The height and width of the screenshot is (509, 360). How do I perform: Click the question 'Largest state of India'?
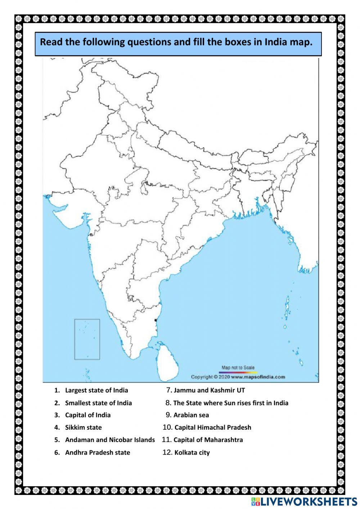click(x=96, y=390)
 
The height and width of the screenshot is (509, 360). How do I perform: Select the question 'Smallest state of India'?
click(x=98, y=403)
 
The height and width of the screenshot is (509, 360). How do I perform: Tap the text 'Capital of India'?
click(x=87, y=415)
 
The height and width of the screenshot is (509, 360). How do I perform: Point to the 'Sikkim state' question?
click(x=83, y=428)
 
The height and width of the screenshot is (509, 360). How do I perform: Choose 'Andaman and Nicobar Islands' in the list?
click(x=110, y=440)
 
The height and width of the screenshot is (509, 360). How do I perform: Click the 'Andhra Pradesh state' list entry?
click(x=97, y=452)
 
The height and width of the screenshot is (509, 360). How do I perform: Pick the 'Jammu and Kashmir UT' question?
click(x=209, y=390)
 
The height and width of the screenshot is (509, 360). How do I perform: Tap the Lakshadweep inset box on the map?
click(x=87, y=339)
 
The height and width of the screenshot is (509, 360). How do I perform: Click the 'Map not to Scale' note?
click(x=238, y=367)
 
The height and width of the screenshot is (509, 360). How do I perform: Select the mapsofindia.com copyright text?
click(x=238, y=377)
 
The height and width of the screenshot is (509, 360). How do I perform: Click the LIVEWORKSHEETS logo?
click(x=304, y=501)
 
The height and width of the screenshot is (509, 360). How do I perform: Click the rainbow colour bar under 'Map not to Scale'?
click(x=238, y=372)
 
